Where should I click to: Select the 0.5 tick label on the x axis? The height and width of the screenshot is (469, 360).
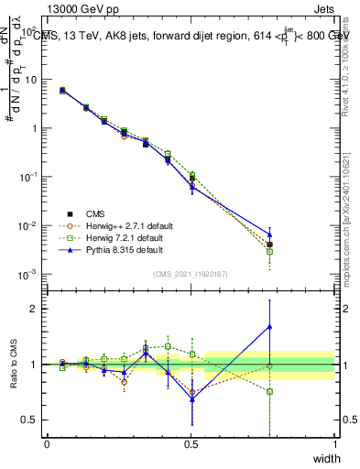tap(191, 443)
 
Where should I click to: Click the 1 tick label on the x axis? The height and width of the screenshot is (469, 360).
tap(334, 443)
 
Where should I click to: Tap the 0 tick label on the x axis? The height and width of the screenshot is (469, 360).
tap(47, 443)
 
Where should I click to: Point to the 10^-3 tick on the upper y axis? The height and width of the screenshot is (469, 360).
tap(31, 274)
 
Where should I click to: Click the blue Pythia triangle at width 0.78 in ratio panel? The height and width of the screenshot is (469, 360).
tap(269, 326)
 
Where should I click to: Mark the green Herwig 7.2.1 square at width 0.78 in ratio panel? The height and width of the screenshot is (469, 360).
tap(269, 391)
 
